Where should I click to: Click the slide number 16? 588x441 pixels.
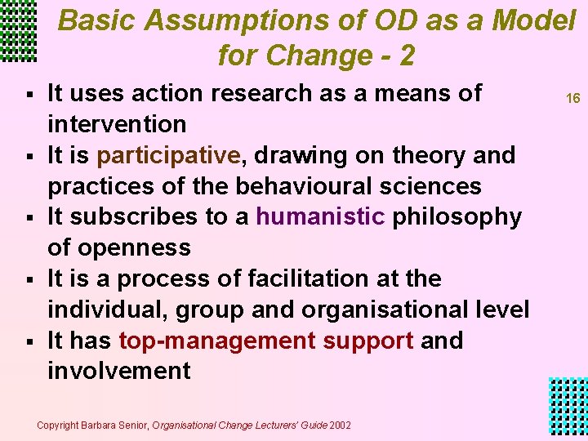(x=573, y=98)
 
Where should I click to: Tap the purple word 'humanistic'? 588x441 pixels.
(x=319, y=217)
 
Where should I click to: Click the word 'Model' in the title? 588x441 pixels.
(x=534, y=20)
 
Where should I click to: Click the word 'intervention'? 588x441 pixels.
(x=117, y=125)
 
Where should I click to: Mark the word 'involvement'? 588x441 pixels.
(x=119, y=372)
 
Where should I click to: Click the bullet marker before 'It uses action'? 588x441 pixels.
(x=28, y=95)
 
